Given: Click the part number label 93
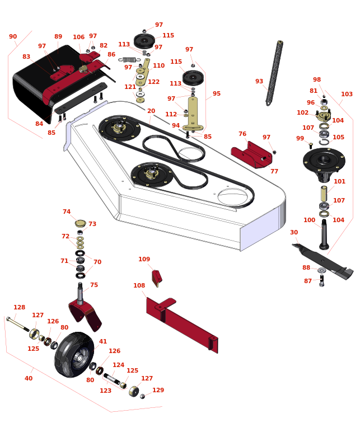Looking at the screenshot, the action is pyautogui.click(x=259, y=81).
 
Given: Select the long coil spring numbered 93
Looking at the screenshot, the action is pyautogui.click(x=274, y=73).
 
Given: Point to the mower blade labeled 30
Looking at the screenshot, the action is pyautogui.click(x=322, y=261).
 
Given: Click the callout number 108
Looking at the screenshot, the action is pyautogui.click(x=139, y=285).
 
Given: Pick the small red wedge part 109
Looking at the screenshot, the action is pyautogui.click(x=157, y=278).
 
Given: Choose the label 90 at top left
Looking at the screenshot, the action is pyautogui.click(x=13, y=36).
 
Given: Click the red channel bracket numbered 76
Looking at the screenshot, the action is pyautogui.click(x=251, y=155).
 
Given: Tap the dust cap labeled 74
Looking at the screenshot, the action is pyautogui.click(x=81, y=223).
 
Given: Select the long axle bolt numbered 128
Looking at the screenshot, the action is pyautogui.click(x=18, y=324).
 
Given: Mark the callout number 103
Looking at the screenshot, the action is pyautogui.click(x=347, y=94).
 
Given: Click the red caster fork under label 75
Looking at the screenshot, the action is pyautogui.click(x=85, y=314).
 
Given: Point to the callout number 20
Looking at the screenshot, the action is pyautogui.click(x=151, y=111).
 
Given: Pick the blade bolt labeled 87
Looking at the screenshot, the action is pyautogui.click(x=321, y=280).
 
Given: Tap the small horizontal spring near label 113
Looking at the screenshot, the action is pyautogui.click(x=129, y=60).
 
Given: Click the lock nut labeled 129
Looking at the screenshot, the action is pyautogui.click(x=142, y=396).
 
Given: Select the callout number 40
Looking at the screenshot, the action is pyautogui.click(x=29, y=378).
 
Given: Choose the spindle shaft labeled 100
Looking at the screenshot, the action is pyautogui.click(x=324, y=234).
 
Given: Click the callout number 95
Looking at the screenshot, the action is pyautogui.click(x=217, y=93).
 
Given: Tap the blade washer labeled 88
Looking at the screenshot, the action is pyautogui.click(x=322, y=270).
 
